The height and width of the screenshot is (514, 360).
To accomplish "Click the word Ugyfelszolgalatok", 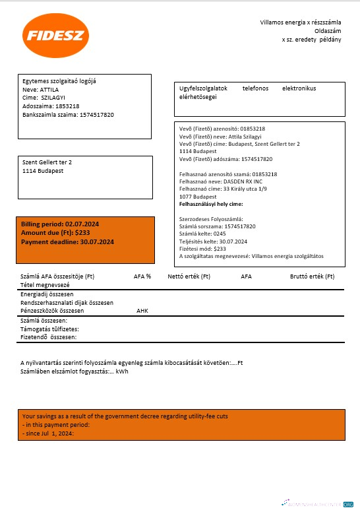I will point(204,88).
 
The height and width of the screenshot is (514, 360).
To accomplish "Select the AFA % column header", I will point(142,276).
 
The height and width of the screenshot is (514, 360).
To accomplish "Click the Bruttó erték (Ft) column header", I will point(312,276).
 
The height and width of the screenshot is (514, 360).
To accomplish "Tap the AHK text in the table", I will point(143,309).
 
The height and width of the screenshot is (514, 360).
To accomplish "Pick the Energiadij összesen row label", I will point(47,294).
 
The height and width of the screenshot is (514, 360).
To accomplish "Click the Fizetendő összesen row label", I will point(49,337).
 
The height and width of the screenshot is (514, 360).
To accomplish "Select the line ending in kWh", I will point(75,371).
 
